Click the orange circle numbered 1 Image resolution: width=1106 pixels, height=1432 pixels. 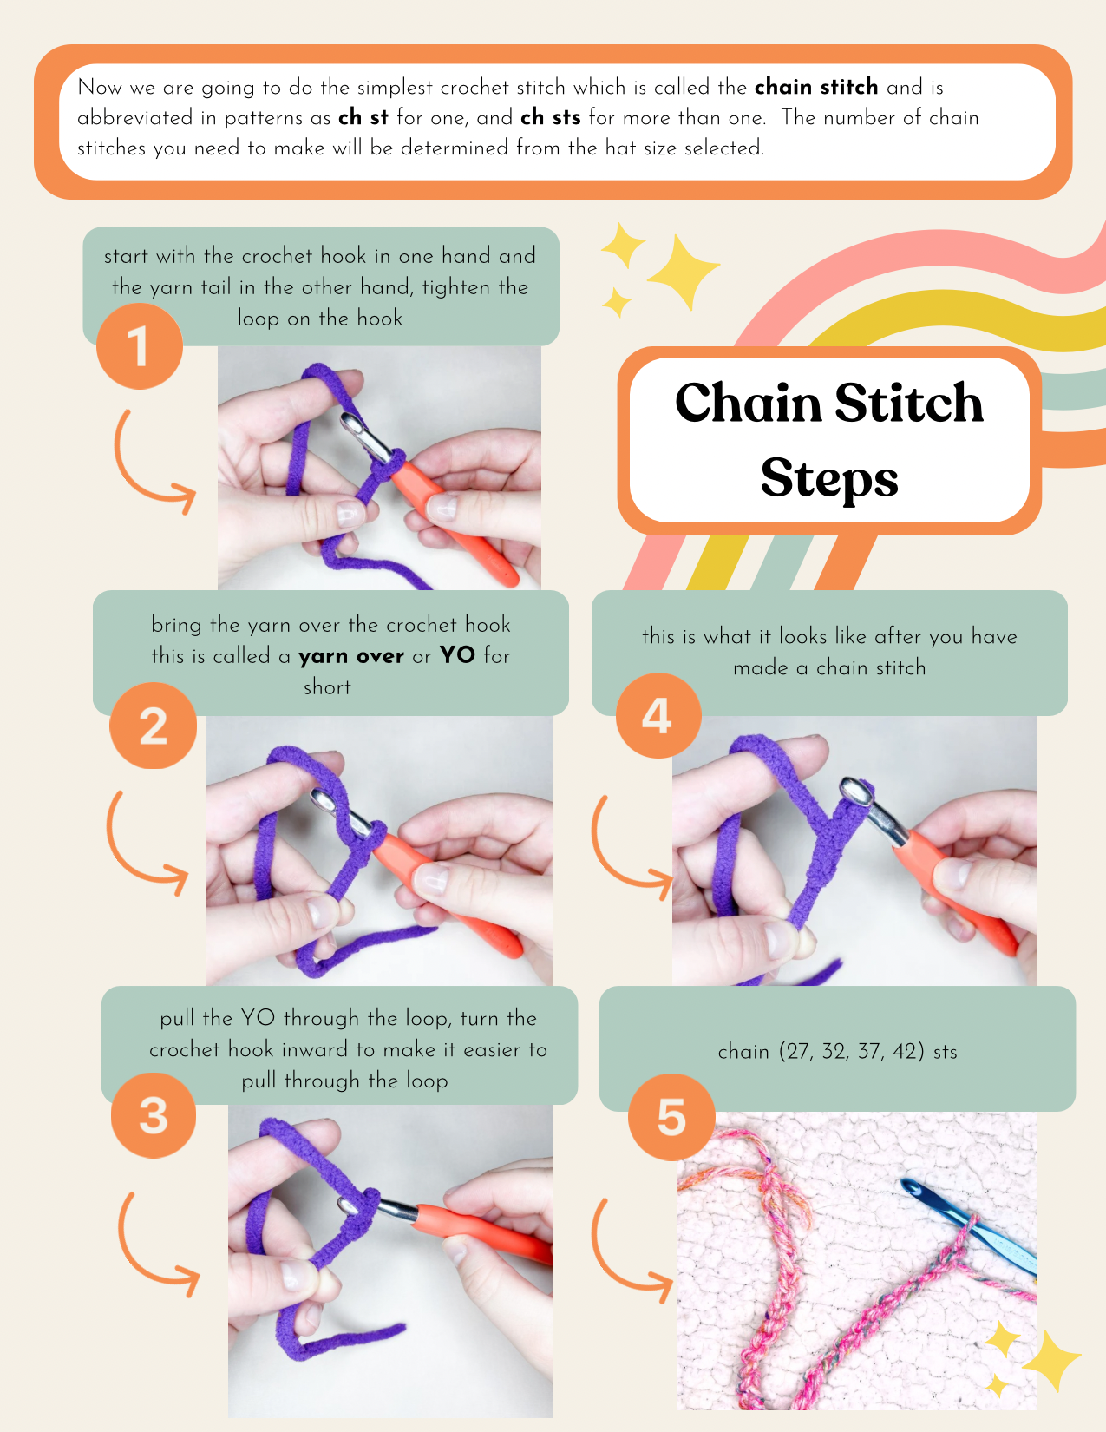[139, 346]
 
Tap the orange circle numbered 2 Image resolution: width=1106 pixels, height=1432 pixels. [153, 726]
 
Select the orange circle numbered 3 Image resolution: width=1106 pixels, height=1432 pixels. [153, 1115]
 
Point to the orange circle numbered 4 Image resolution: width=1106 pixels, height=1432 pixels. [658, 716]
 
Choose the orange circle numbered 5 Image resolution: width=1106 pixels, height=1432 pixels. [671, 1118]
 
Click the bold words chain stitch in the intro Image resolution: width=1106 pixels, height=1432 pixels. [816, 86]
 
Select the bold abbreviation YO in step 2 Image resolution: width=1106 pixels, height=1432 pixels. [457, 655]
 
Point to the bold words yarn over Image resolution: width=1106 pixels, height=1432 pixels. [351, 656]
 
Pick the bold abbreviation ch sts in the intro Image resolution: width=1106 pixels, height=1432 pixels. [551, 116]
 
